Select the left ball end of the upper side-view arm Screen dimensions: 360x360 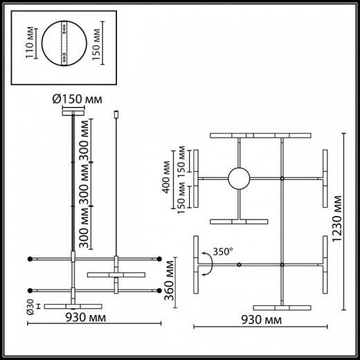click(29, 260)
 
